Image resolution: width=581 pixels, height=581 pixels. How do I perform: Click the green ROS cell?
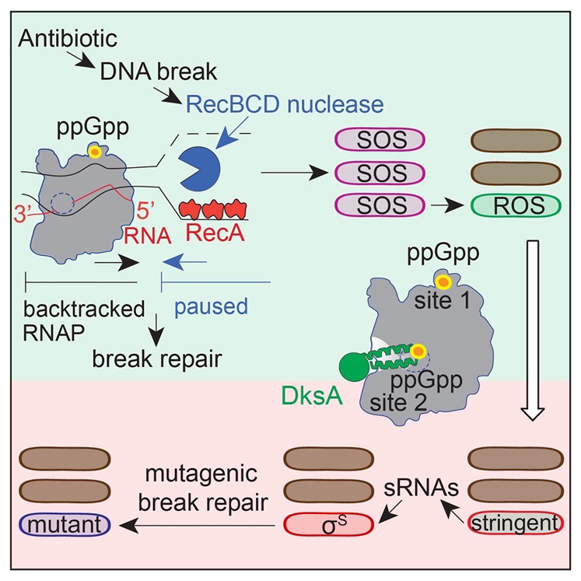(516, 208)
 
